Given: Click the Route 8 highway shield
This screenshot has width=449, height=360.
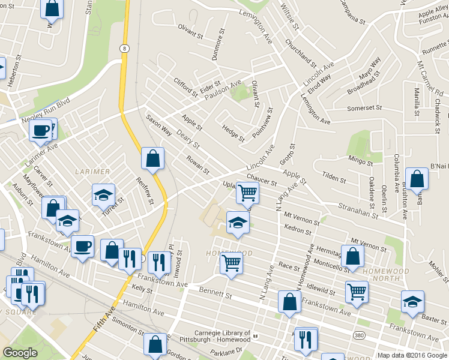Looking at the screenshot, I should click(124, 48).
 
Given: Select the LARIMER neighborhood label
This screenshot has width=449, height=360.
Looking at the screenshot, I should click(92, 172).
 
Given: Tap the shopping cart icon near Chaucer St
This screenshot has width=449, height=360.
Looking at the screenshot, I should click(248, 193).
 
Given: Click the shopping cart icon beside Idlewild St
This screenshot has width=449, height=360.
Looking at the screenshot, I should click(357, 292).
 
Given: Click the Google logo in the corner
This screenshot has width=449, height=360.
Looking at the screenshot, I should click(20, 353).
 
